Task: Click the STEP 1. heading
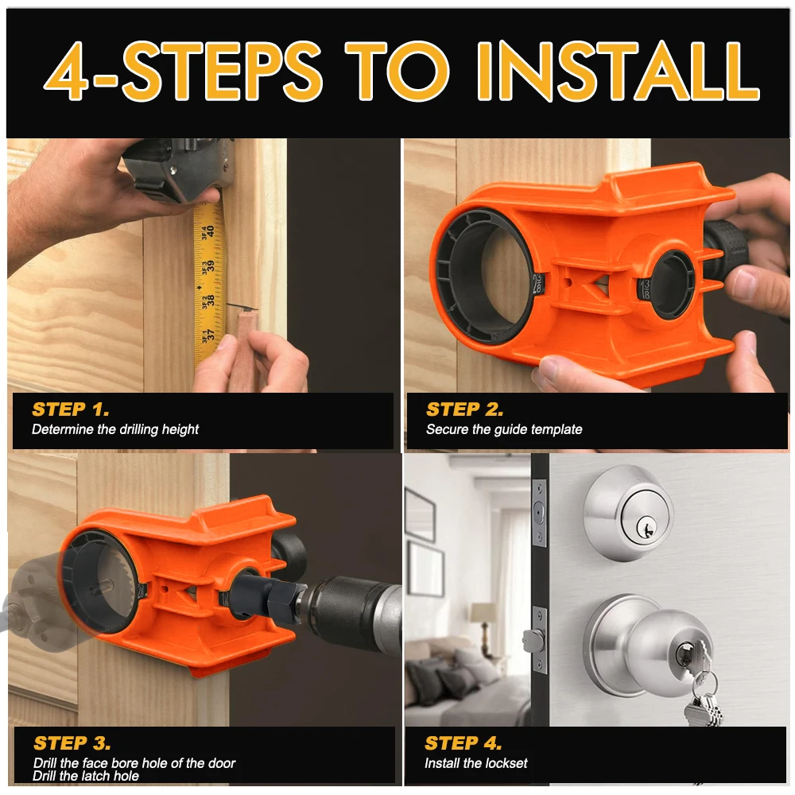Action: [71, 409]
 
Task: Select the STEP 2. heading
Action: [465, 409]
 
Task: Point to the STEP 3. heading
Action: [72, 743]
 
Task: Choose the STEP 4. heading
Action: [463, 743]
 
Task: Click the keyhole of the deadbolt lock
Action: [646, 528]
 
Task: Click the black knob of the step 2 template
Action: [726, 249]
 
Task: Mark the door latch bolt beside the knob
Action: [533, 641]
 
